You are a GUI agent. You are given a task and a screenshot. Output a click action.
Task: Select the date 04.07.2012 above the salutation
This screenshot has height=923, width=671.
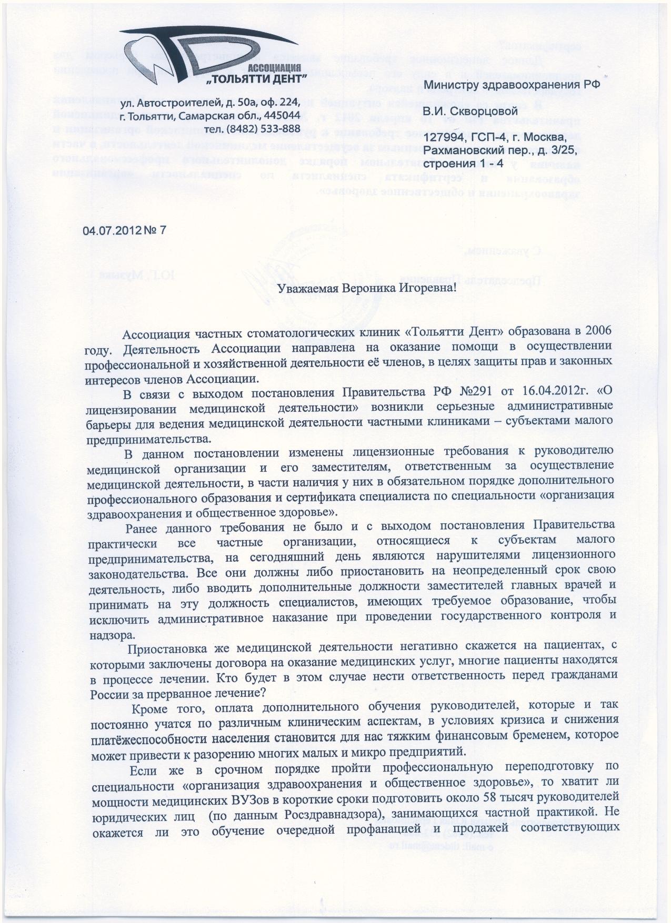[x=111, y=230]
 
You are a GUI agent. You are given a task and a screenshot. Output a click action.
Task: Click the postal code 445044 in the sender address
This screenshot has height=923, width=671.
[x=283, y=115]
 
